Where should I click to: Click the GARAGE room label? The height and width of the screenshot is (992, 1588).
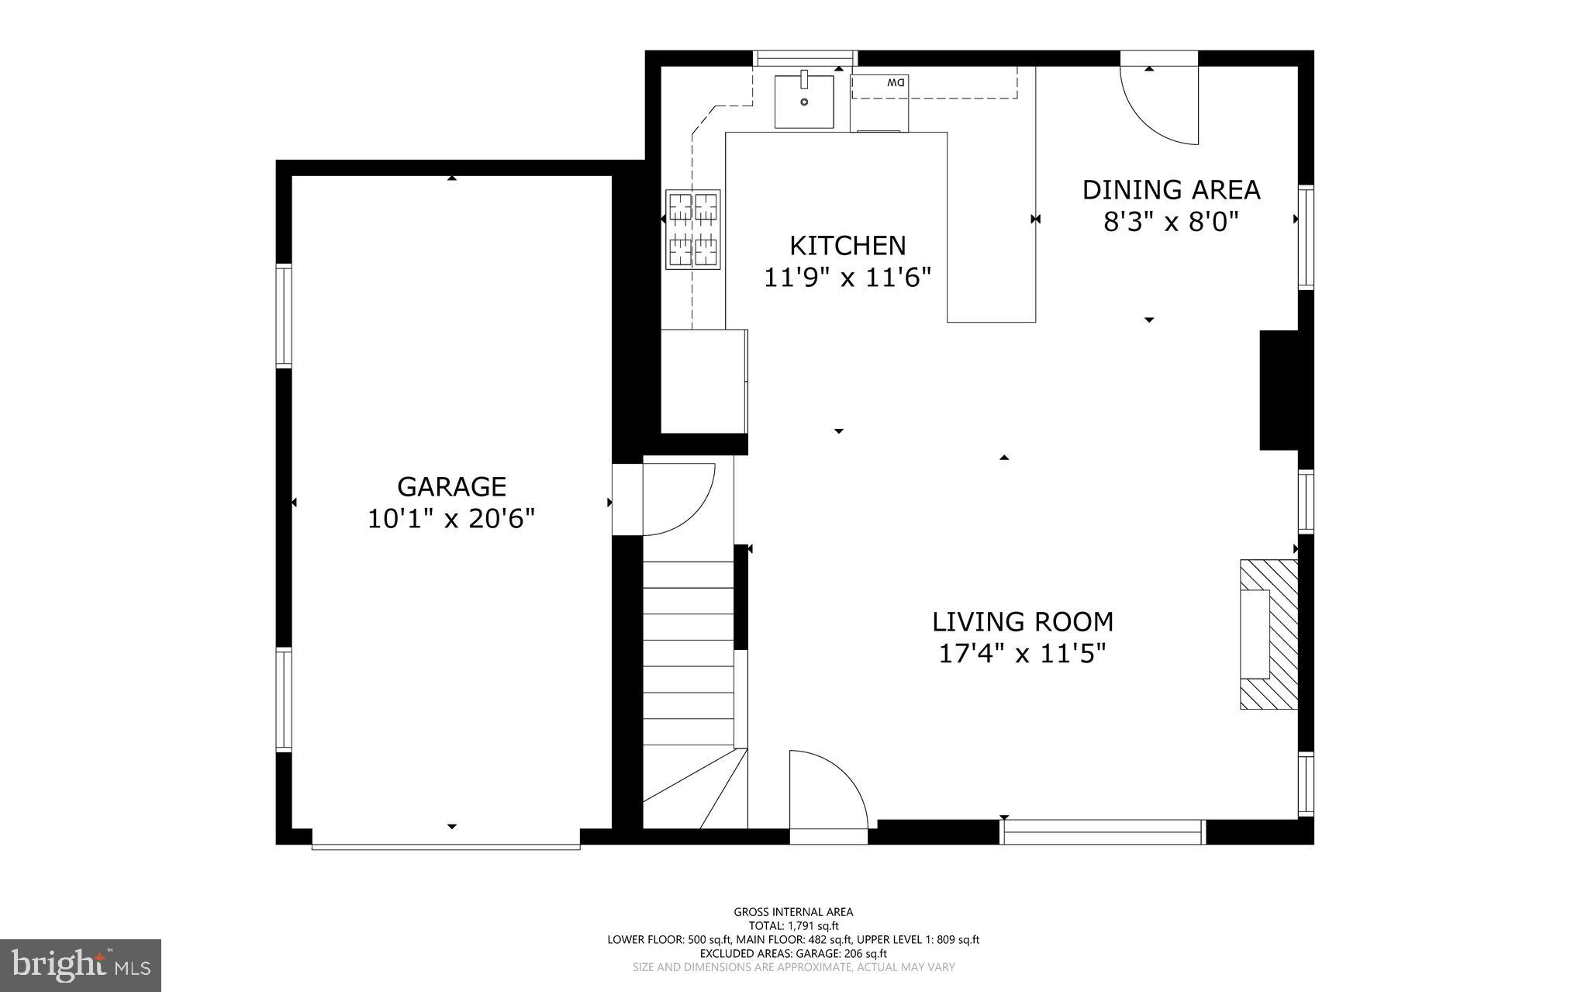click(451, 486)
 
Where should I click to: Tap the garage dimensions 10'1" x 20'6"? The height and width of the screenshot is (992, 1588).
click(451, 518)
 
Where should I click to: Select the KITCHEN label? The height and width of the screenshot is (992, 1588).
click(848, 245)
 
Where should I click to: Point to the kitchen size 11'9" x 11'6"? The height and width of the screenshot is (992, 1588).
click(848, 278)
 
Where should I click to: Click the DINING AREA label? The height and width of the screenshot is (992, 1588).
click(1171, 189)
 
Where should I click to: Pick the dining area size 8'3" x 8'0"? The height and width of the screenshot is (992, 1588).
click(1171, 223)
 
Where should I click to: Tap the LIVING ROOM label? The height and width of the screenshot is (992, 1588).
click(1022, 621)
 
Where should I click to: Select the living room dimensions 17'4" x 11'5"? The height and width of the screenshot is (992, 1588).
click(1022, 654)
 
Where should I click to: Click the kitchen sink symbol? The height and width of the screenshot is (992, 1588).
click(804, 101)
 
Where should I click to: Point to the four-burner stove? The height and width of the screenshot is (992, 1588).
click(692, 230)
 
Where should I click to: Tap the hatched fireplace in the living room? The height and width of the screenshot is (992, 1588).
click(1269, 634)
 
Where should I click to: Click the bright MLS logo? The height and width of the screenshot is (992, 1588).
click(81, 965)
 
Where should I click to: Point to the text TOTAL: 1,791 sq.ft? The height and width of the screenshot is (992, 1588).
click(793, 925)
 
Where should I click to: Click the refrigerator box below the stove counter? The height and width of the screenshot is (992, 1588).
click(703, 380)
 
